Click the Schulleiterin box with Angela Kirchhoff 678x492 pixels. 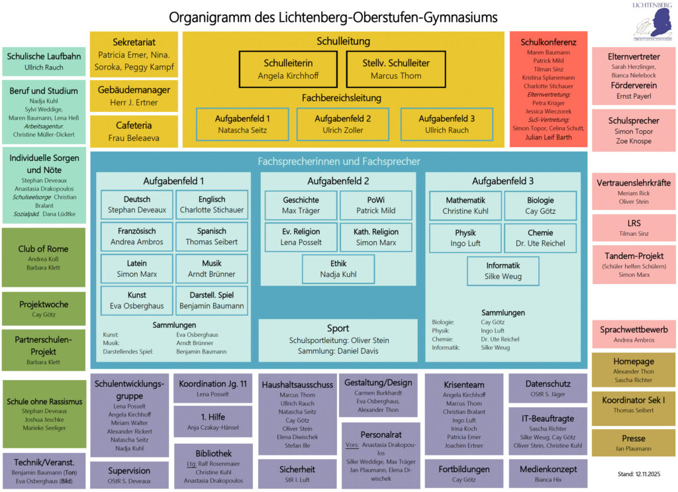(x=288, y=70)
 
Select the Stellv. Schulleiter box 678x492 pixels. (x=396, y=70)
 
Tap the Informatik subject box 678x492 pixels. (x=503, y=271)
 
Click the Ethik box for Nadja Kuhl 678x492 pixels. (x=338, y=269)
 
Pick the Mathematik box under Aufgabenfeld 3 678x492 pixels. (x=465, y=205)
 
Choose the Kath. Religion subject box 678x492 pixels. (x=375, y=237)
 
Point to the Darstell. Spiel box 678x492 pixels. (x=212, y=300)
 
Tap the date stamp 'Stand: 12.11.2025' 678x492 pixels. (x=634, y=473)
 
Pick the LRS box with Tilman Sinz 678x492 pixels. (x=634, y=228)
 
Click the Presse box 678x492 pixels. (x=634, y=443)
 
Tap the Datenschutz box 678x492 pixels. (x=547, y=389)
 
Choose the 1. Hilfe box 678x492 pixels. (x=213, y=422)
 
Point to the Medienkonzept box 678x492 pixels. (x=547, y=473)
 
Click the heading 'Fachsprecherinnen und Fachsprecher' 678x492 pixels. (x=338, y=161)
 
